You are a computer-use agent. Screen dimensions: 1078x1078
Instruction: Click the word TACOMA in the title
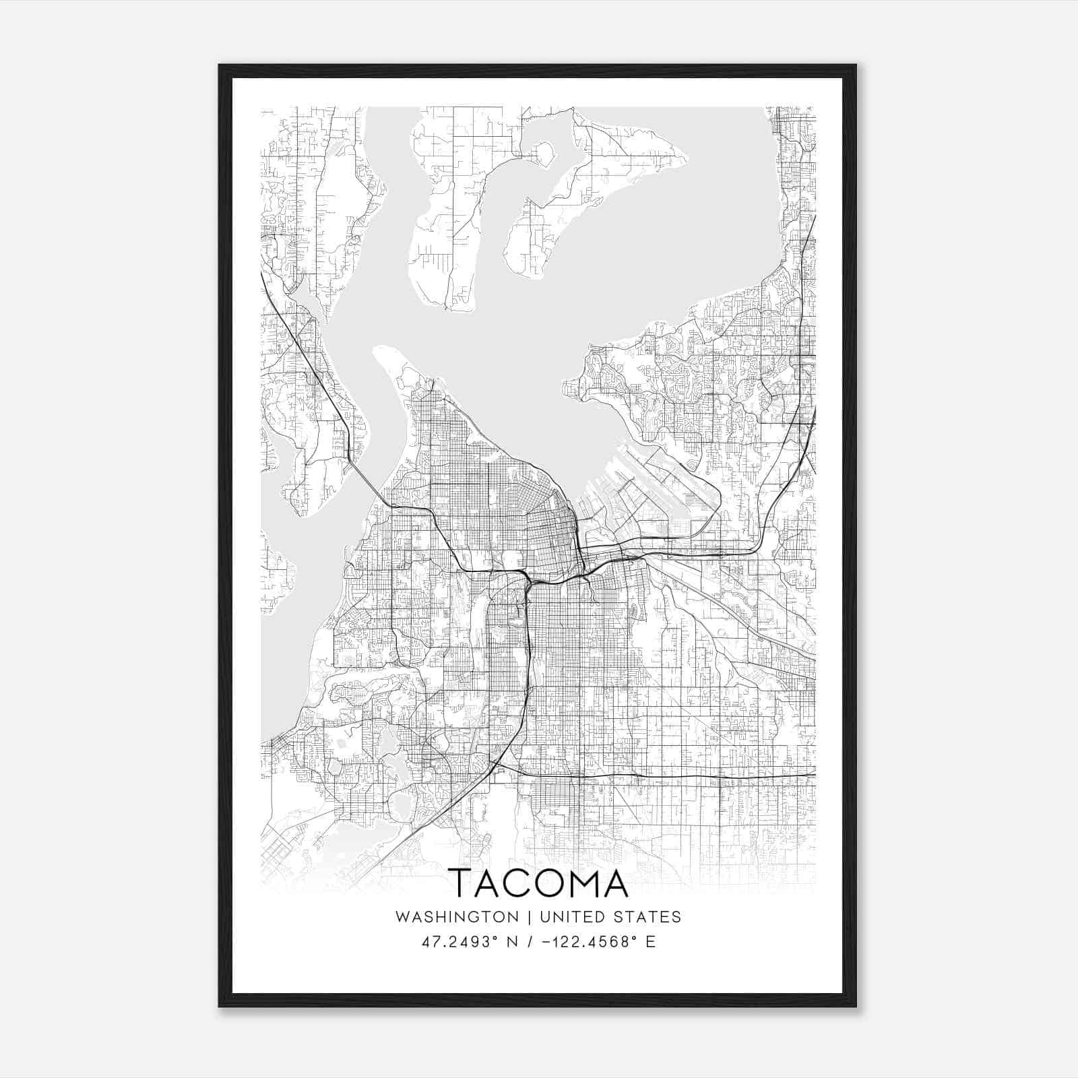click(x=538, y=883)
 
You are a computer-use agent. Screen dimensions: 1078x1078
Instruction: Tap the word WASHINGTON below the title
click(x=457, y=917)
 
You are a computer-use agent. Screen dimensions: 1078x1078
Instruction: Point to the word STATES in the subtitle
click(x=648, y=917)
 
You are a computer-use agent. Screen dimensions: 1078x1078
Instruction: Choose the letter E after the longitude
click(x=650, y=942)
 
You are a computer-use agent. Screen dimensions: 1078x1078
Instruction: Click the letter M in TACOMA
click(x=571, y=883)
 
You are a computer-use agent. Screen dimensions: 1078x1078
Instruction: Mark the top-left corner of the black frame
click(x=220, y=65)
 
